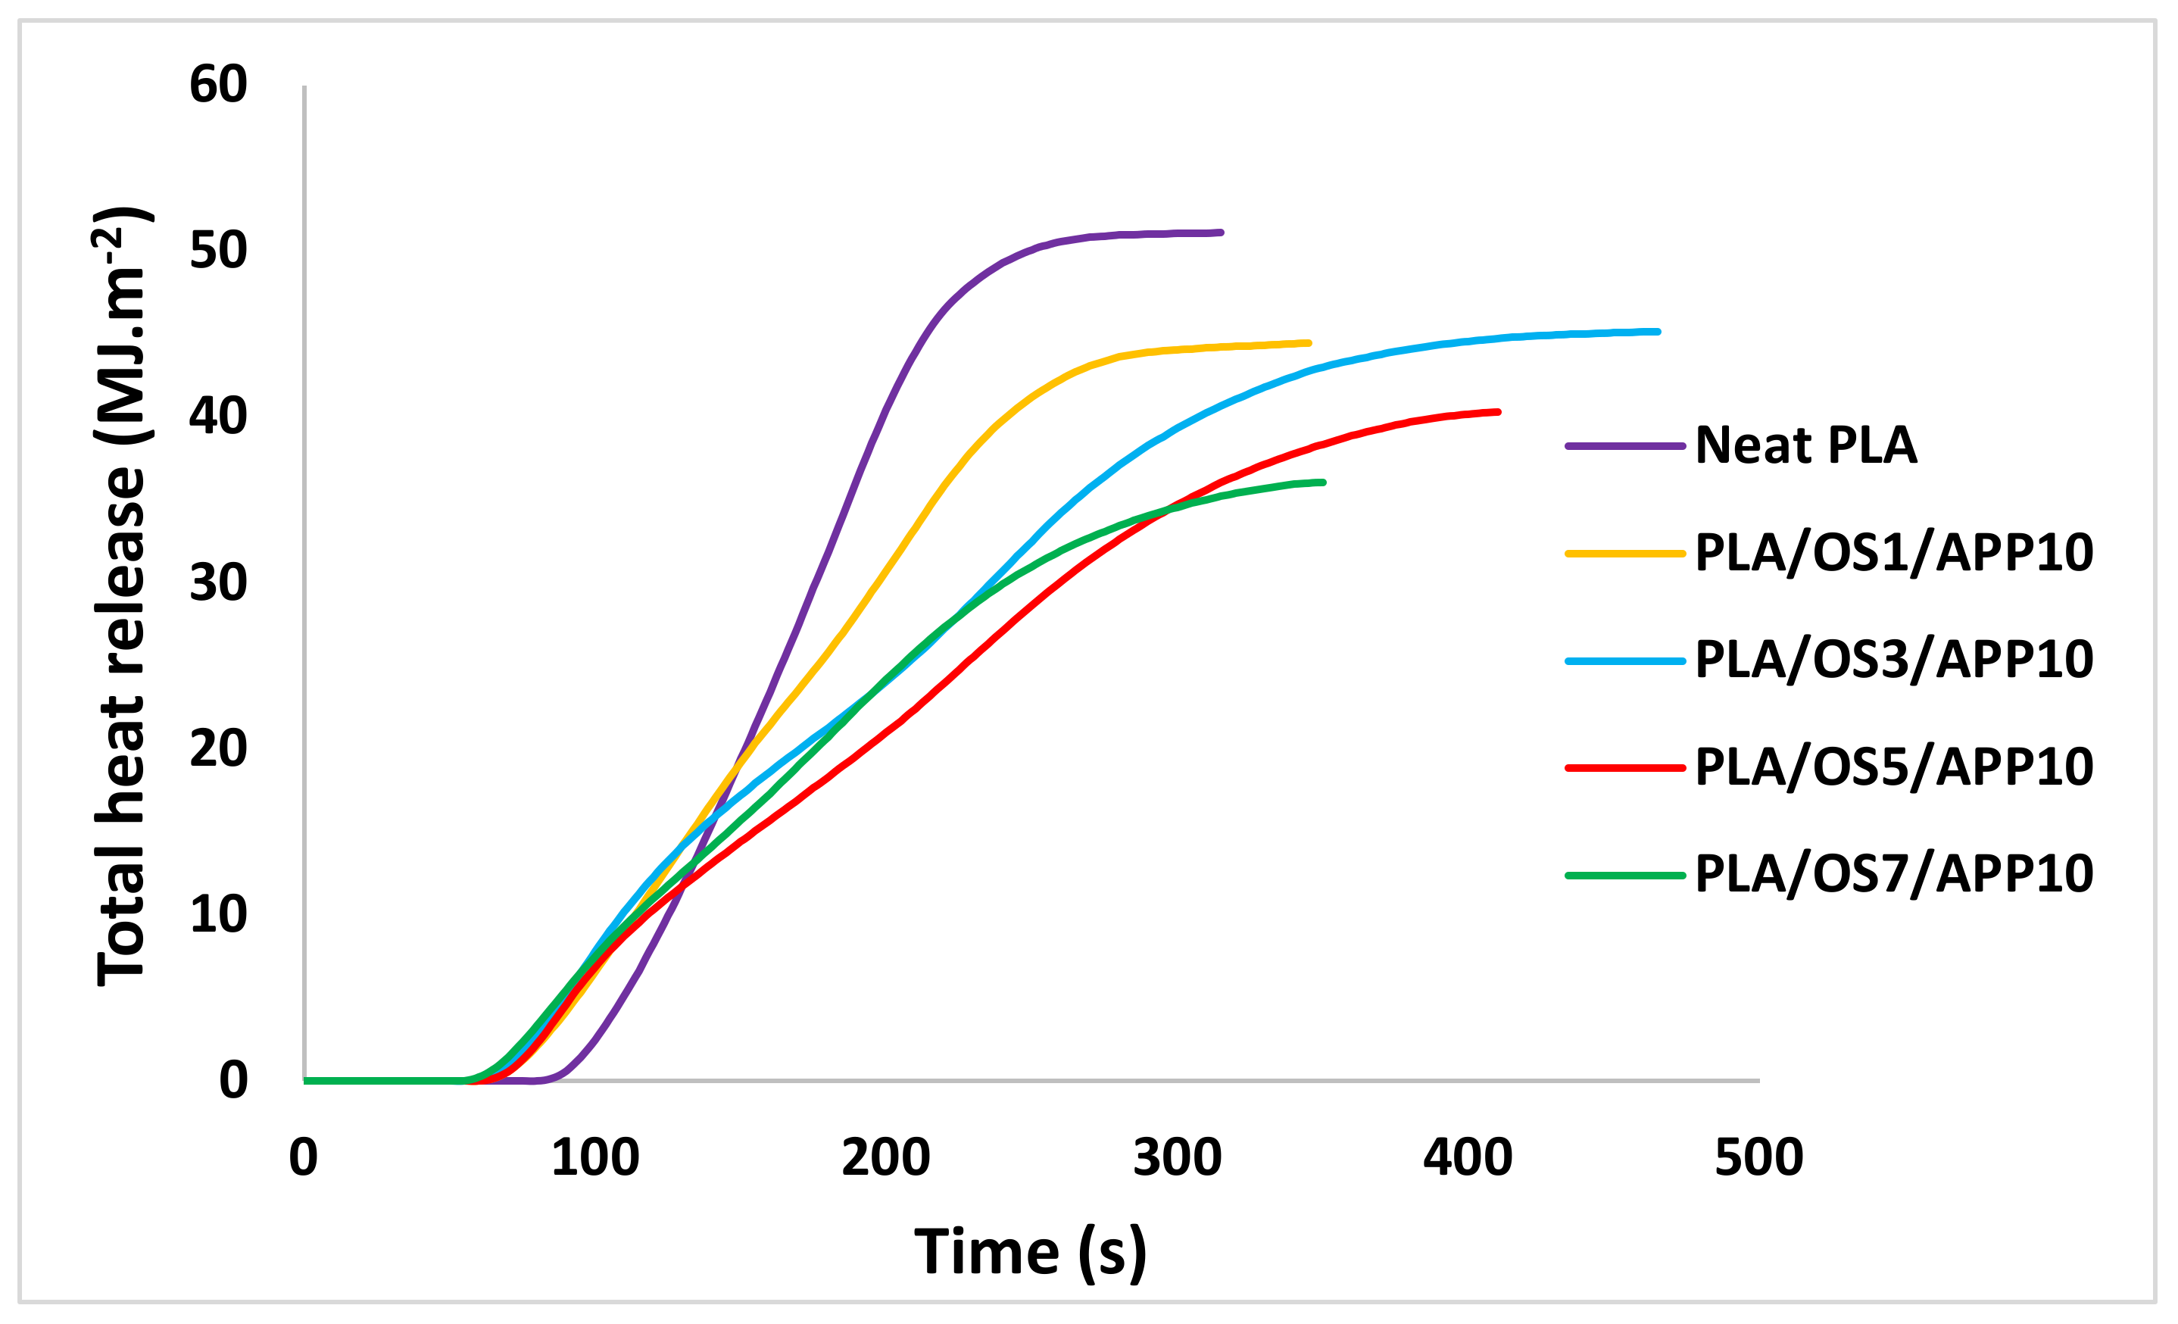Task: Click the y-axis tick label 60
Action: tap(218, 85)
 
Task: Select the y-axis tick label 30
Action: tap(218, 583)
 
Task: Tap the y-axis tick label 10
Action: tap(218, 915)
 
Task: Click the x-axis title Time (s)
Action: tap(1031, 1252)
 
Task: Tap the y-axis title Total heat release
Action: tap(122, 597)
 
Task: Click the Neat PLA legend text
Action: tap(1806, 445)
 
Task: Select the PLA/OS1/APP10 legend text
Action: tap(1893, 553)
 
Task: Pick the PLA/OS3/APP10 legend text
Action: tap(1893, 660)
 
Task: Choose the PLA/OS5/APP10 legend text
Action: tap(1893, 767)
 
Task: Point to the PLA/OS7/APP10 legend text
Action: tap(1893, 874)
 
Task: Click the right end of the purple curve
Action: tap(1221, 233)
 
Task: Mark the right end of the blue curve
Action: tap(1658, 332)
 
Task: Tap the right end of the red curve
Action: tap(1498, 412)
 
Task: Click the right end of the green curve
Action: tap(1323, 482)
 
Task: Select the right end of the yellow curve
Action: tap(1309, 343)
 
